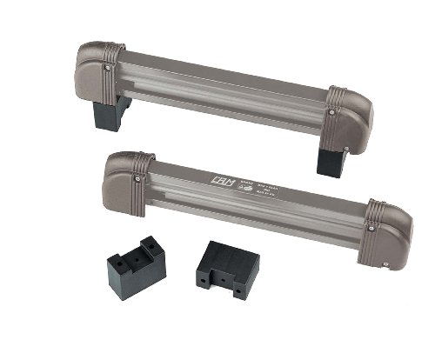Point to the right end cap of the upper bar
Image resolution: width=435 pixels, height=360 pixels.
click(x=352, y=118)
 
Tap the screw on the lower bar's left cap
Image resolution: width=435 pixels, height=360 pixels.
click(x=137, y=178)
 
